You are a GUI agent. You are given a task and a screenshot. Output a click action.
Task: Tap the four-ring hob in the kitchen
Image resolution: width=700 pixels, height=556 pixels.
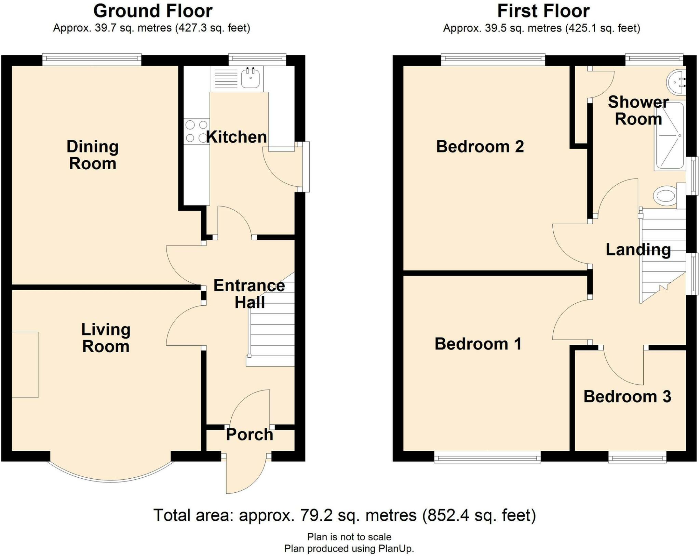click(197, 131)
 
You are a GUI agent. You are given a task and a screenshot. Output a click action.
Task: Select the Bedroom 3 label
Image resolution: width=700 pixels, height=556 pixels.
click(627, 396)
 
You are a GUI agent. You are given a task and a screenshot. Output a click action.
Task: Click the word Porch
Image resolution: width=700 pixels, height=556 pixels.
click(250, 435)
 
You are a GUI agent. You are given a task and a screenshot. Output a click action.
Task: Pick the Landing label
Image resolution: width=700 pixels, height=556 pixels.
click(638, 250)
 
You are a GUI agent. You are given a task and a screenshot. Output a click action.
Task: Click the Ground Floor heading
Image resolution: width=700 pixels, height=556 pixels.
click(153, 11)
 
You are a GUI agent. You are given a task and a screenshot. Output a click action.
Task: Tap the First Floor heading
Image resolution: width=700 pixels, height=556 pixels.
click(543, 11)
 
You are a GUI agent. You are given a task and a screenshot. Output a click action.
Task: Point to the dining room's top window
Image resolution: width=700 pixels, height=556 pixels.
click(92, 59)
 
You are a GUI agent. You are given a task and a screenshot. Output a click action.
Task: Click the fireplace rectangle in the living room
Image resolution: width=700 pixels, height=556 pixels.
click(25, 365)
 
